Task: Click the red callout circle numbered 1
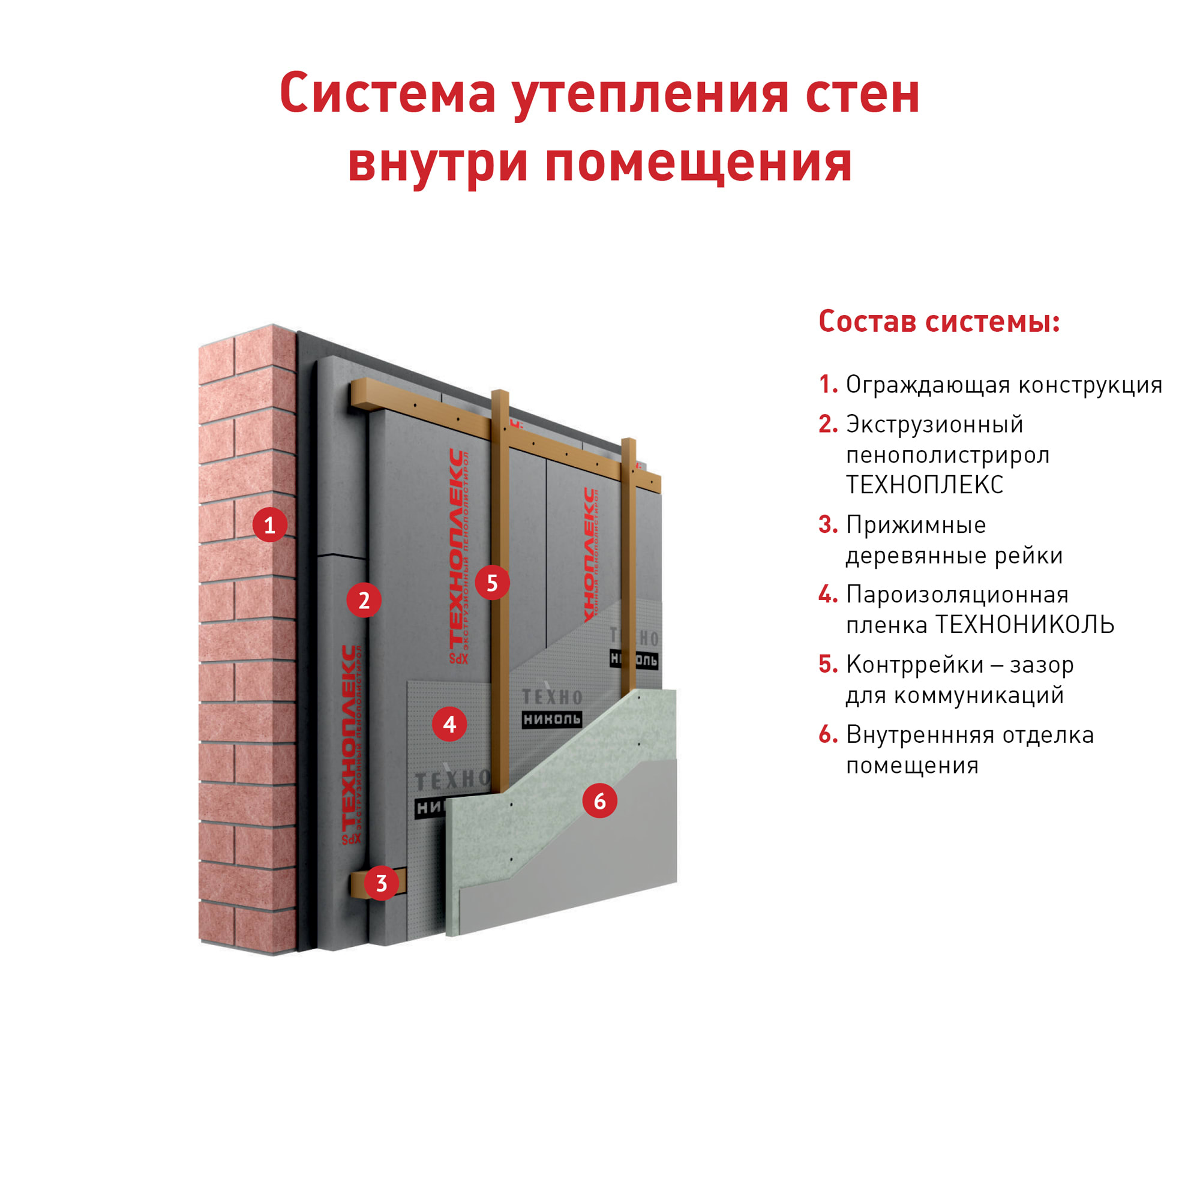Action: (269, 525)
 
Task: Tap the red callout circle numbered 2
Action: (364, 599)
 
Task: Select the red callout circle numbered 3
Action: (382, 882)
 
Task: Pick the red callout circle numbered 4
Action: (449, 724)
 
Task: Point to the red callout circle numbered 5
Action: (493, 583)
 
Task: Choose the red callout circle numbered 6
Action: (600, 800)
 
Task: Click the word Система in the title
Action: (388, 93)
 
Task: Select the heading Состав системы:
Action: (939, 322)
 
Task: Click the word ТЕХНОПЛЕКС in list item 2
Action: (925, 485)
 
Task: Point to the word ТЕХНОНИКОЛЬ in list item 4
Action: (1025, 625)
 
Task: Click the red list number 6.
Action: (828, 735)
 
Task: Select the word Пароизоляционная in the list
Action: (957, 596)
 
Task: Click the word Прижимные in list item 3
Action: (916, 526)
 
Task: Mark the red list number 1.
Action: (829, 385)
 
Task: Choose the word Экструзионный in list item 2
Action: (934, 425)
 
